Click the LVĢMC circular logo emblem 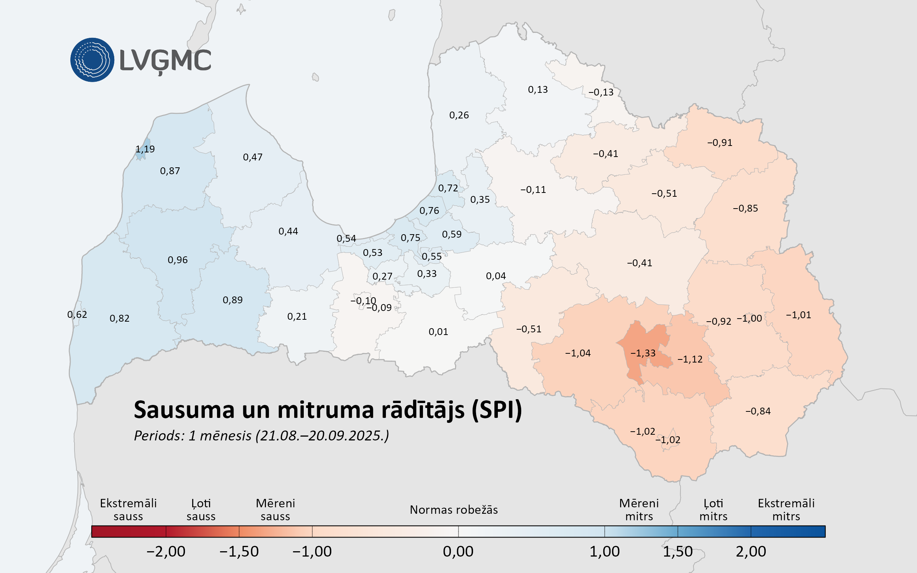tap(92, 60)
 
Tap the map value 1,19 tap(145, 149)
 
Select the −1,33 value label tap(643, 353)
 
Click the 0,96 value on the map tap(178, 260)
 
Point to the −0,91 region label tap(720, 142)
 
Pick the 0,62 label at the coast tap(77, 314)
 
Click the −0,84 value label tap(758, 411)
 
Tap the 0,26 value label tap(459, 115)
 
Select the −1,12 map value tap(690, 359)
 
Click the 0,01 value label tap(438, 332)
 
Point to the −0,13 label tap(601, 92)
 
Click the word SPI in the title tap(497, 410)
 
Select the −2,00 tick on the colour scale tap(166, 551)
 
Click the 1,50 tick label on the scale tap(677, 551)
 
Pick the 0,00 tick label tap(458, 551)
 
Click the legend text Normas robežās tap(454, 510)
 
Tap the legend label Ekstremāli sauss tap(128, 510)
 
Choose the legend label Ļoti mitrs tap(713, 510)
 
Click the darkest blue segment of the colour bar tap(788, 531)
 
